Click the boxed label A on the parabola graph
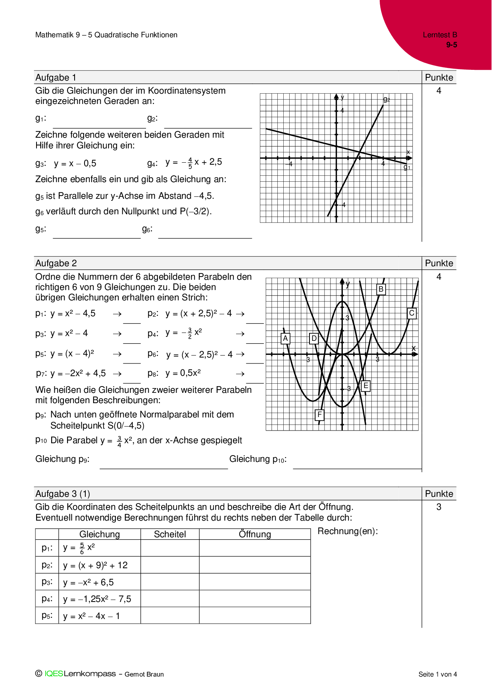[285, 338]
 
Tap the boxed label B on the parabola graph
[381, 289]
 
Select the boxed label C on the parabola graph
[412, 313]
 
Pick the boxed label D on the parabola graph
[314, 338]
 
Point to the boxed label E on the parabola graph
[366, 386]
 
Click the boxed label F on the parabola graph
[319, 415]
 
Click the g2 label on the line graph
[386, 100]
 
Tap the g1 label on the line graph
[407, 167]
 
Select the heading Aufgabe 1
[56, 78]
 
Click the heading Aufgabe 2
[56, 263]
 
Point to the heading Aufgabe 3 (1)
[63, 494]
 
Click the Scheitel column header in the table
[170, 534]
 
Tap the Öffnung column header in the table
[255, 534]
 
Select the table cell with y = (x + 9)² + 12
[95, 565]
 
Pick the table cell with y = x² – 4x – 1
[91, 616]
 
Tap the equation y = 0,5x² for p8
[183, 373]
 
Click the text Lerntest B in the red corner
[440, 35]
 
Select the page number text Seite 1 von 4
[438, 674]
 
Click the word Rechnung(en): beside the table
[348, 531]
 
